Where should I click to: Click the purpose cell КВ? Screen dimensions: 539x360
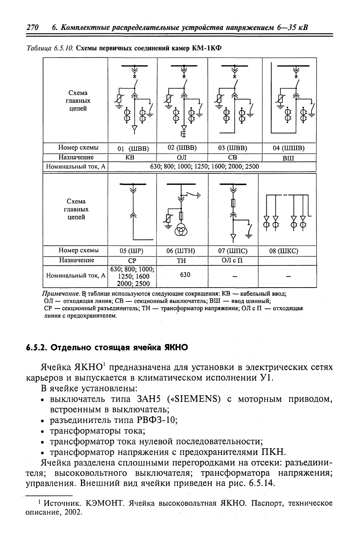(133, 157)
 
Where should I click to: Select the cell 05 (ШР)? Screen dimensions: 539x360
(133, 251)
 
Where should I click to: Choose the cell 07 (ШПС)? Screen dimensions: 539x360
(233, 251)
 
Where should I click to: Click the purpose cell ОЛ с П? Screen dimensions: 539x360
(233, 260)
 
